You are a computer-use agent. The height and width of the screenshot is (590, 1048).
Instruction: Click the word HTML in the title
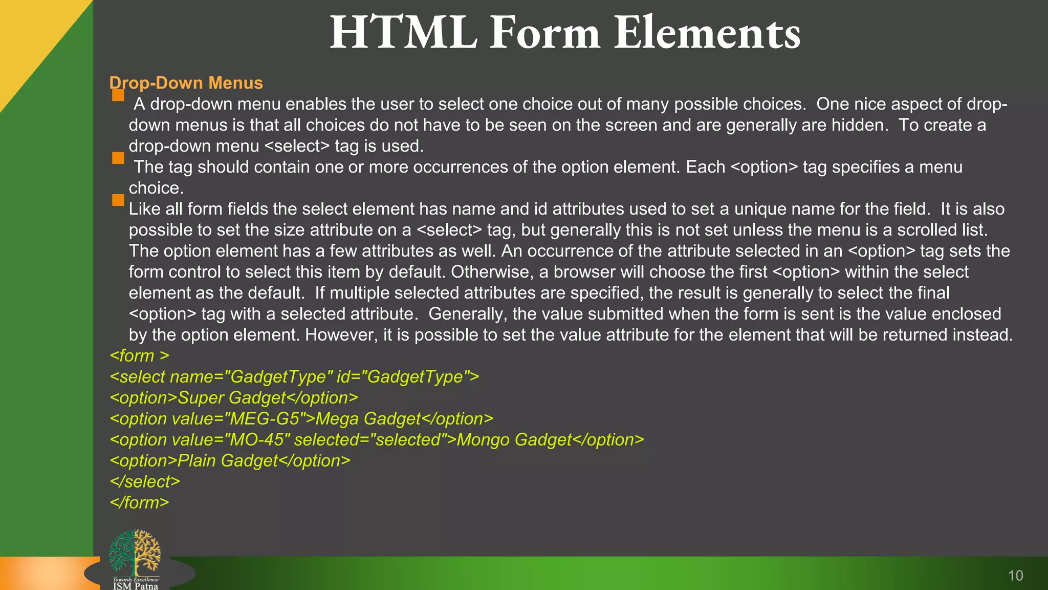pos(403,33)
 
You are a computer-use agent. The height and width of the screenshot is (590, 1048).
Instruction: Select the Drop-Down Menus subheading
pos(186,83)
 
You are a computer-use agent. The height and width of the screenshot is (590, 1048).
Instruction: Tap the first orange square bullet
pos(118,95)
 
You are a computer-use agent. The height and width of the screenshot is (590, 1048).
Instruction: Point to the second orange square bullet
pos(118,158)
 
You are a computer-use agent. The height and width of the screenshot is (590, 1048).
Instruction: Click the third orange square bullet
pos(118,200)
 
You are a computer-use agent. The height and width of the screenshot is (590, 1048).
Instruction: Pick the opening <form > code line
pos(139,355)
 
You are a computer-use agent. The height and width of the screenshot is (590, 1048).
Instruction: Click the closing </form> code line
pos(139,502)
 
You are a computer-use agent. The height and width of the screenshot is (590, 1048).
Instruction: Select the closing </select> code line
pos(145,481)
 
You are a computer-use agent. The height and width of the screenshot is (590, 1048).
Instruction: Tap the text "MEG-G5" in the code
pos(265,419)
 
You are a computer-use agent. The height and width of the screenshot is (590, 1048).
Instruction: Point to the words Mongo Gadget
pos(514,440)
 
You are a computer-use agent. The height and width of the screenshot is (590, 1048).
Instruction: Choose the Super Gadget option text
pos(231,398)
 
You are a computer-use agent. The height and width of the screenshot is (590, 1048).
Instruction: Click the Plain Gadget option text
pos(227,461)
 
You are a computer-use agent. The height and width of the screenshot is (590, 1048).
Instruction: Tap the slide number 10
pos(1015,576)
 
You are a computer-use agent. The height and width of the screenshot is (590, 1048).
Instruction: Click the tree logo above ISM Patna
pos(135,552)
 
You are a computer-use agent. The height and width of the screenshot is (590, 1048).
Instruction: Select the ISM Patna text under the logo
pos(136,586)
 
